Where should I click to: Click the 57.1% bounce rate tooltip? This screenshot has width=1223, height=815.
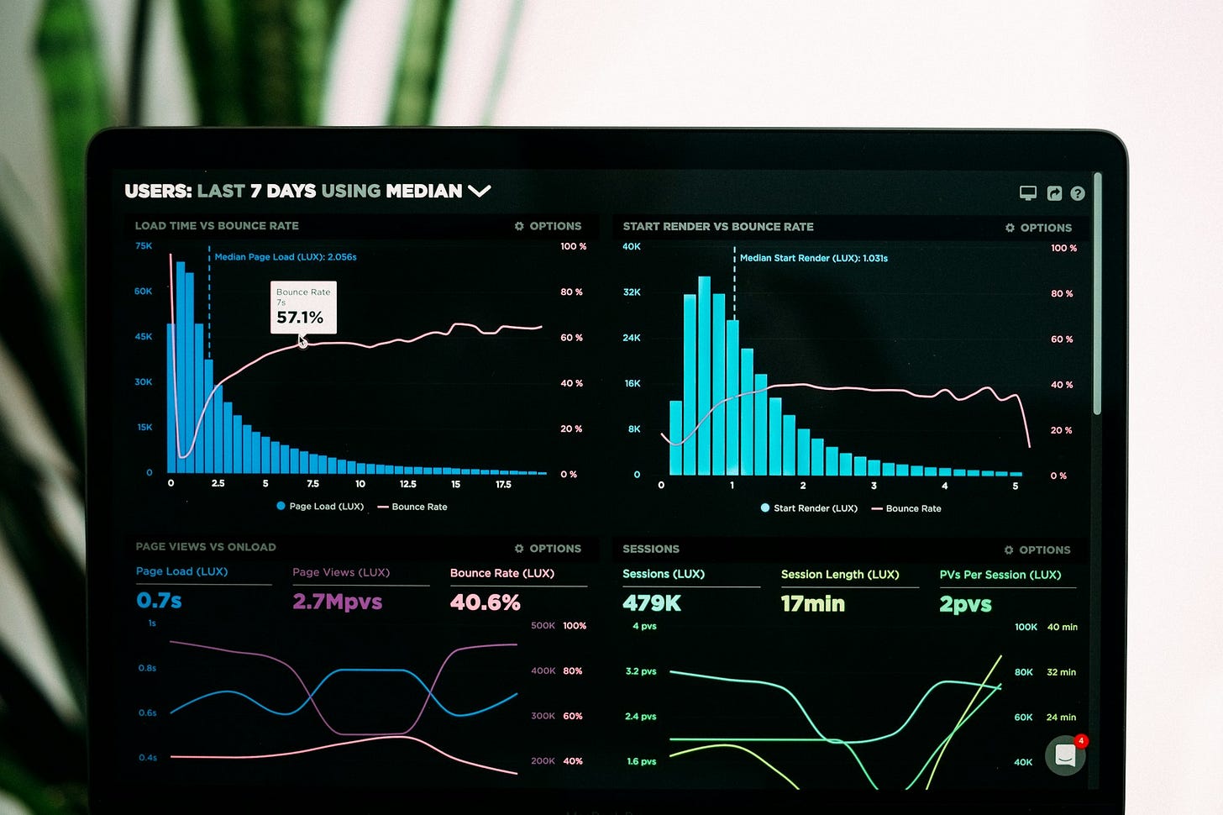point(303,308)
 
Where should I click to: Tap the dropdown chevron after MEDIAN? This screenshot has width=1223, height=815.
point(479,192)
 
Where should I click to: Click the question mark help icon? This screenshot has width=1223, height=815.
point(1078,194)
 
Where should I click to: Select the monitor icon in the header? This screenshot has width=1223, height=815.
point(1028,193)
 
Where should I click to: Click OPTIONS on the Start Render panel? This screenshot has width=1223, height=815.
point(1039,228)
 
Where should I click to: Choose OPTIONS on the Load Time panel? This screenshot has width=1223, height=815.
point(549,226)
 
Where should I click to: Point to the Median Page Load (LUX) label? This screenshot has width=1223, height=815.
point(286,257)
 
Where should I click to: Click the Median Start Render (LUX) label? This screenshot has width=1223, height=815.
point(813,258)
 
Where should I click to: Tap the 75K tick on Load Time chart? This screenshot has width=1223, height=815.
point(144,246)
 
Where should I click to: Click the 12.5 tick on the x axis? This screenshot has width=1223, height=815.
point(407,484)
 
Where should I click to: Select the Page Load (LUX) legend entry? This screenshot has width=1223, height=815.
point(320,507)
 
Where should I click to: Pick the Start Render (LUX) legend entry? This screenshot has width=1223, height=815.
point(809,508)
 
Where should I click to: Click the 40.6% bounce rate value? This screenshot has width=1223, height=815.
point(485,602)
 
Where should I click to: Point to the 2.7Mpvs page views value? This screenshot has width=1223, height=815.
point(337,602)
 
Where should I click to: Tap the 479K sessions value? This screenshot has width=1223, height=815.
point(652,603)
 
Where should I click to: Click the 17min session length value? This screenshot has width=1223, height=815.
point(812,603)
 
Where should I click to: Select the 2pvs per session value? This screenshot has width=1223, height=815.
point(965,604)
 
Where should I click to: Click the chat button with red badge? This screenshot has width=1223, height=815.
point(1065,755)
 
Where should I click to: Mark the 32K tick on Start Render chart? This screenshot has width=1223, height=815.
point(632,292)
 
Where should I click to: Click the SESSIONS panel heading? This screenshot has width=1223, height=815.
point(651,549)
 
